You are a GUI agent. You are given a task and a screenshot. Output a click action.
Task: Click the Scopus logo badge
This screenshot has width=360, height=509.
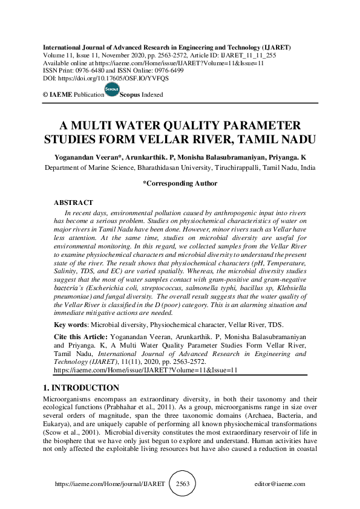(x=111, y=91)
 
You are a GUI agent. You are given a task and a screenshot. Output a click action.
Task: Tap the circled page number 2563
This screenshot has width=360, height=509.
(x=182, y=484)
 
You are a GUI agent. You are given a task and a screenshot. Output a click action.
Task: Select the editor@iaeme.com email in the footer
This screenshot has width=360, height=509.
(x=280, y=484)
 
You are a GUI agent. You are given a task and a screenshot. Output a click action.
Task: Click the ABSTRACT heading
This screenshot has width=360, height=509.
(x=73, y=203)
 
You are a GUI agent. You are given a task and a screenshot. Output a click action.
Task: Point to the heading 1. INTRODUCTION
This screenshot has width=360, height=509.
(x=82, y=388)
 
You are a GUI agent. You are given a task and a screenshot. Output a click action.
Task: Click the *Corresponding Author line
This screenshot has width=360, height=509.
(x=180, y=183)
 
